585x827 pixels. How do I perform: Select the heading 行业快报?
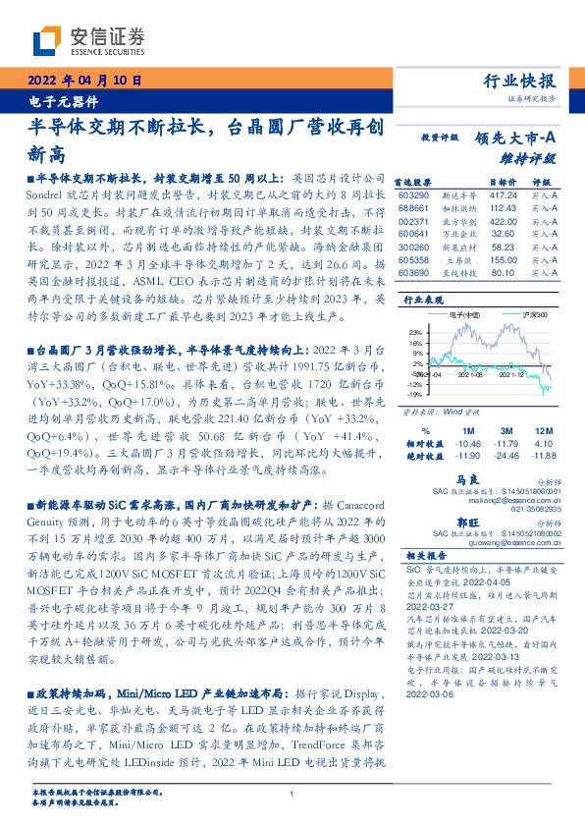(x=521, y=81)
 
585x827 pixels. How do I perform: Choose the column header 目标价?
(x=502, y=182)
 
